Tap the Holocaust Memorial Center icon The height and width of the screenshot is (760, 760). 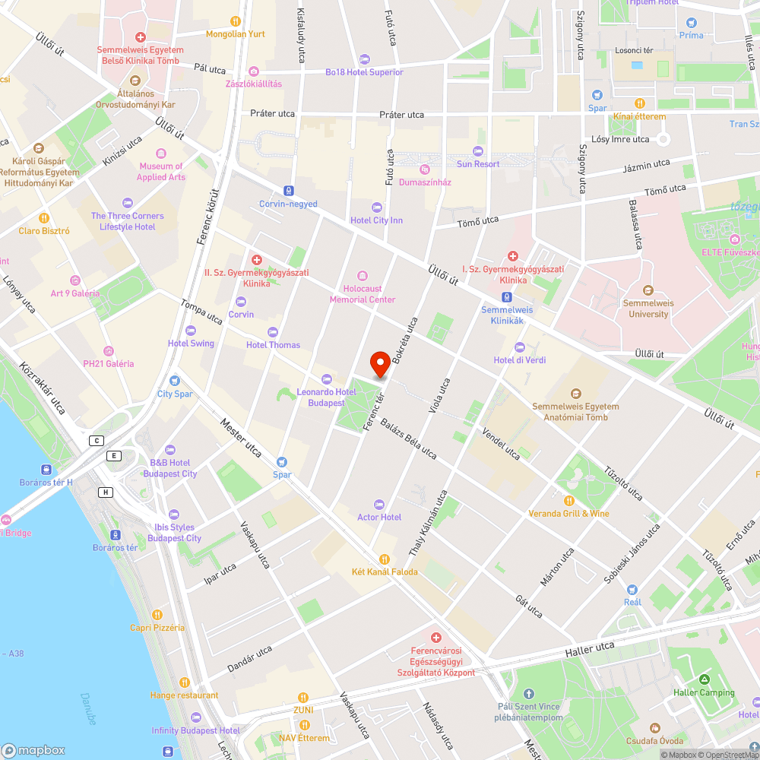[362, 275]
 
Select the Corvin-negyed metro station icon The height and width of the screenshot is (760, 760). [288, 190]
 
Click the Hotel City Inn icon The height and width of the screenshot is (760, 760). [376, 207]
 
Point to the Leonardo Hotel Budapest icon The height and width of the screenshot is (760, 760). [327, 379]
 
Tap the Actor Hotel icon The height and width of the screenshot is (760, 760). [378, 505]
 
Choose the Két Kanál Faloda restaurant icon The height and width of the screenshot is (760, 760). [384, 559]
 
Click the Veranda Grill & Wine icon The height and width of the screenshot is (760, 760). [568, 501]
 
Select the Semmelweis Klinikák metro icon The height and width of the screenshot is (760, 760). [506, 297]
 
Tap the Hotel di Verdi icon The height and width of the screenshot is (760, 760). [520, 347]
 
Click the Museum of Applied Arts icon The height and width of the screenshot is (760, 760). [160, 154]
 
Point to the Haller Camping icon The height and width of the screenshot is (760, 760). [704, 679]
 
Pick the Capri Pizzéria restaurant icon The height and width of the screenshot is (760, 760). [157, 615]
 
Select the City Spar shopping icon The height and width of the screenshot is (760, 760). [175, 381]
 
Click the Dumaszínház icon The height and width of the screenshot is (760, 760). [425, 169]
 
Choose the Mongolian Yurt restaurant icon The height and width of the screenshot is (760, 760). [236, 21]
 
